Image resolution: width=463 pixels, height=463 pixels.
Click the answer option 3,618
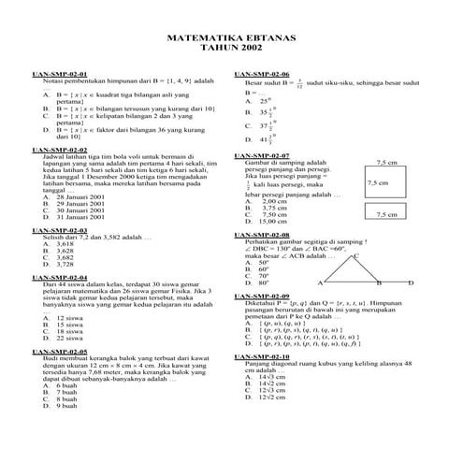65,243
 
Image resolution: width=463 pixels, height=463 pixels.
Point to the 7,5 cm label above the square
386,162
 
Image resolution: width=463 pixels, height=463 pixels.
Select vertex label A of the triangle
321,282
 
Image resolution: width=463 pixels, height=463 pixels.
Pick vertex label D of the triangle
407,282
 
